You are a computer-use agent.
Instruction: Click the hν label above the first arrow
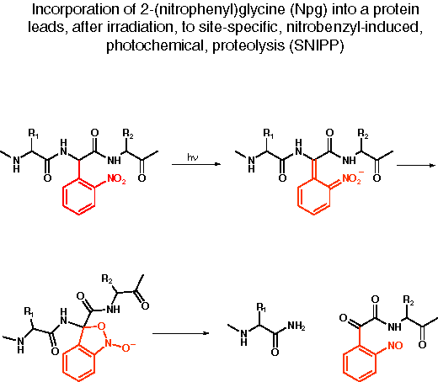click(193, 157)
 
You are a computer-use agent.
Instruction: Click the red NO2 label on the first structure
click(116, 179)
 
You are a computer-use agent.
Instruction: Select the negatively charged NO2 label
click(353, 178)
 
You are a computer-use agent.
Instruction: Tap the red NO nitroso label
click(395, 346)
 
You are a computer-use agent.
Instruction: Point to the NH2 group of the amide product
click(296, 326)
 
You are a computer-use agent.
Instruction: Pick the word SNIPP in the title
click(317, 45)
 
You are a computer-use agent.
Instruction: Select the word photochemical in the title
click(155, 45)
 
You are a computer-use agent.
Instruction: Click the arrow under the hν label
click(196, 164)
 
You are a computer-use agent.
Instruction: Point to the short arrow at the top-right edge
click(416, 166)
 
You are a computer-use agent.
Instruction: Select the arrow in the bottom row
click(181, 333)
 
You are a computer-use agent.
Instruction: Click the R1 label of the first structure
click(34, 134)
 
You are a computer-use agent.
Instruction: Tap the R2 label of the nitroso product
click(409, 300)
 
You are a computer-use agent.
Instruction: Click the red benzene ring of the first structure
click(78, 197)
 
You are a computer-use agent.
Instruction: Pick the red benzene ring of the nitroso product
click(360, 363)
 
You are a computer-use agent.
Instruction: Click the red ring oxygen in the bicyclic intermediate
click(101, 326)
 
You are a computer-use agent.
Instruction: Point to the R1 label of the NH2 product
click(261, 308)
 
